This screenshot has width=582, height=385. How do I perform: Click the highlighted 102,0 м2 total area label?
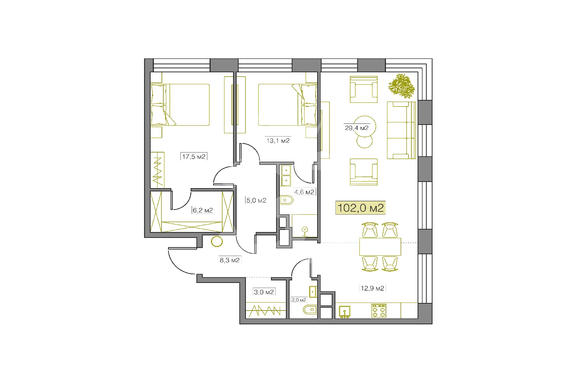pos(360,208)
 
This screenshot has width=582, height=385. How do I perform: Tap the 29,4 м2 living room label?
pos(356,128)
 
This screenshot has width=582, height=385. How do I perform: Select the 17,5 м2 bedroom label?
pos(194,157)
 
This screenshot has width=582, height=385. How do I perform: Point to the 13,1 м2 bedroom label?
pos(278,141)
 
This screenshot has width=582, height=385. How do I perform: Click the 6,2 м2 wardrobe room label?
pos(203,210)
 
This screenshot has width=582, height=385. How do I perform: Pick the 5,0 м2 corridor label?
pos(256,200)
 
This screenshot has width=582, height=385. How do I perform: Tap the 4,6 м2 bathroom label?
pos(304,192)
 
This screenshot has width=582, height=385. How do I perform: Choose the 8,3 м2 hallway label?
pos(230,260)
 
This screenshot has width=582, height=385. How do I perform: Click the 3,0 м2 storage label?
pos(264,292)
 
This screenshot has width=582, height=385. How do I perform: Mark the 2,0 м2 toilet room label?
pos(299,300)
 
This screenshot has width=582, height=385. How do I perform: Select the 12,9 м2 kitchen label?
pos(372,288)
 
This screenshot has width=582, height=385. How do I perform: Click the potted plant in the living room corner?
pos(402,86)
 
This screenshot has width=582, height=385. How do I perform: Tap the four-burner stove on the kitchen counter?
pos(379,311)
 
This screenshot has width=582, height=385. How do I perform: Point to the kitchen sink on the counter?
pos(344,312)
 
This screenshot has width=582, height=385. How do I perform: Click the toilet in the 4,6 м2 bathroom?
pos(286,200)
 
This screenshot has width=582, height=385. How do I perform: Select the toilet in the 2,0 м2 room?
pos(310,309)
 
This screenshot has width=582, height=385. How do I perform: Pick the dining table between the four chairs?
pos(380,247)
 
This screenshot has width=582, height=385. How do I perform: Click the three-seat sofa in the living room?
pos(401,130)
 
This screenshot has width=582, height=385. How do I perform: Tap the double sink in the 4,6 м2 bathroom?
pos(286,175)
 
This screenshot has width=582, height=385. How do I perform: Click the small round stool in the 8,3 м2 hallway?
pos(217,242)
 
